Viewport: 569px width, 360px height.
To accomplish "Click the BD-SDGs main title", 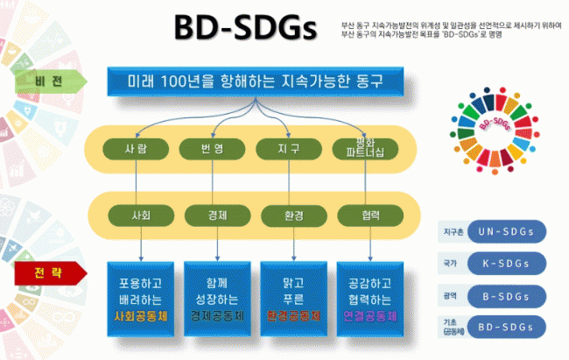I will (x=244, y=29).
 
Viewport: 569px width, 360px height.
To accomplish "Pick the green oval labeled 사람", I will (x=136, y=148).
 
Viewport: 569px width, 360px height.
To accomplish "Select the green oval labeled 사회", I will (x=141, y=213).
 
